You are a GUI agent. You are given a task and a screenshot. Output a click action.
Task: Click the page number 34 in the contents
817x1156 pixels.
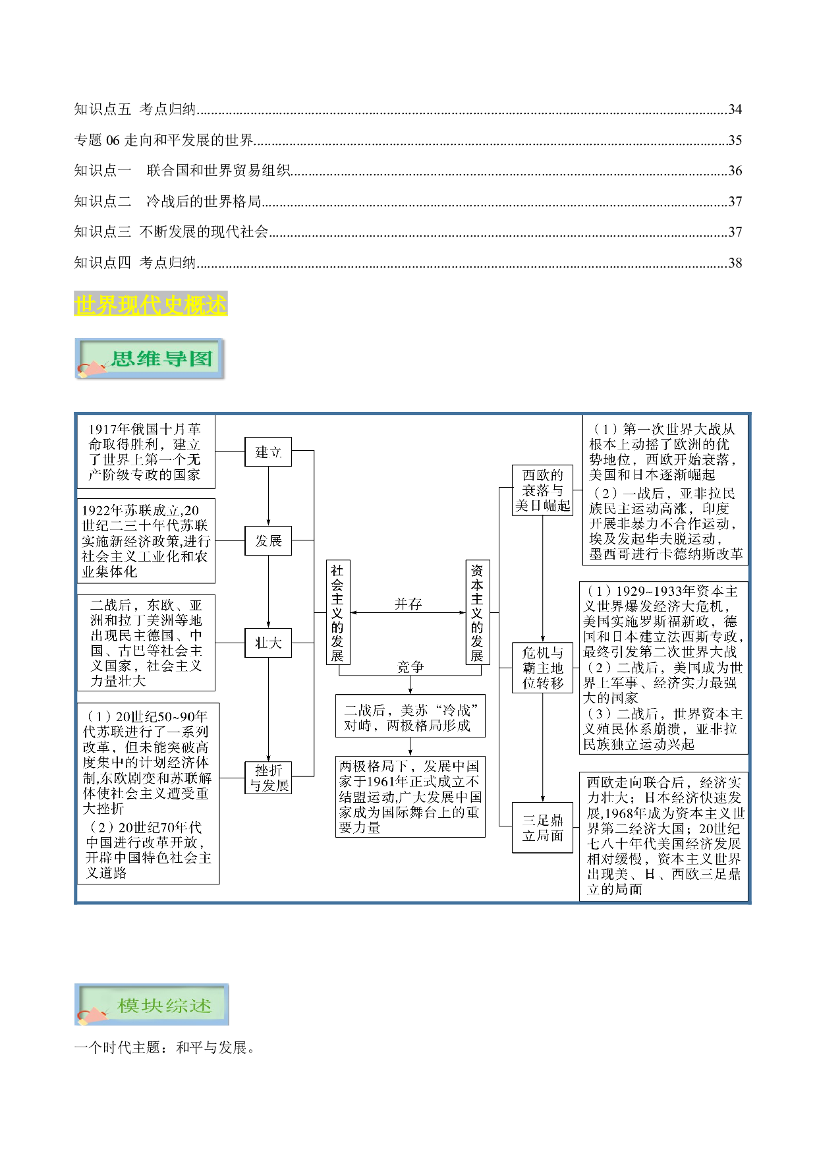735,109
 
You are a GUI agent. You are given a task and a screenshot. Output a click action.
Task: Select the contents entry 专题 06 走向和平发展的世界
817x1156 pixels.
164,140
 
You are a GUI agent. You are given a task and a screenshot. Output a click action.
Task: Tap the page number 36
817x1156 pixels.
735,171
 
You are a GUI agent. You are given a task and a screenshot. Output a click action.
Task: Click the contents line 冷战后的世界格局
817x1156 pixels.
204,201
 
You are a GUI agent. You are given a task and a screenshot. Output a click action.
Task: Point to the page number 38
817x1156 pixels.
735,263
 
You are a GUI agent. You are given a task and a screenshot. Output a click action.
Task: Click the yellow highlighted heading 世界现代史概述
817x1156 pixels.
151,304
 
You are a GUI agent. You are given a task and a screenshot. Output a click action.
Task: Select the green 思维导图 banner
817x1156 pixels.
150,359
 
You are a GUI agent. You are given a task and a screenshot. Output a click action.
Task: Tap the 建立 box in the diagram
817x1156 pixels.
268,452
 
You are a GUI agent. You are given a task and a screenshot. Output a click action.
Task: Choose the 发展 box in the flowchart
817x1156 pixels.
268,541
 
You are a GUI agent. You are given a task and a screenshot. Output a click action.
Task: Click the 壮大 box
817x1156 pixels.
268,643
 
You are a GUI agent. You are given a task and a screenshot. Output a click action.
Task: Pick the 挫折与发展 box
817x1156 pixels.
269,778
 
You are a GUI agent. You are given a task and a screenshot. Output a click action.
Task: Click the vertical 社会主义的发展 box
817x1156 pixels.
337,612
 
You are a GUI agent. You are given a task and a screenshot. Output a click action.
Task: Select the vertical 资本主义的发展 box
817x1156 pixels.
477,612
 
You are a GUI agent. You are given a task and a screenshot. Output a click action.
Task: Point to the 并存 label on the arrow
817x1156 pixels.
408,604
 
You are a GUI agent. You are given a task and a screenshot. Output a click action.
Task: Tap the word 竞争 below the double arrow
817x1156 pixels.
410,667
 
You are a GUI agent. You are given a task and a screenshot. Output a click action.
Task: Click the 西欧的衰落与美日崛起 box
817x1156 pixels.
542,490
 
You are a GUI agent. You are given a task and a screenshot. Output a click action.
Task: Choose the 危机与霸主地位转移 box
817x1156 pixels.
542,668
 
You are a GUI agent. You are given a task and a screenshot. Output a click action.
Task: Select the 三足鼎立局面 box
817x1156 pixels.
542,828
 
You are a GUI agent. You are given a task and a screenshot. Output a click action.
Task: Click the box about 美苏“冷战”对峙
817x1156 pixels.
410,716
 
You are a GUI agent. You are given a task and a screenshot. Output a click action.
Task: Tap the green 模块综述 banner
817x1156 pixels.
152,1004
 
